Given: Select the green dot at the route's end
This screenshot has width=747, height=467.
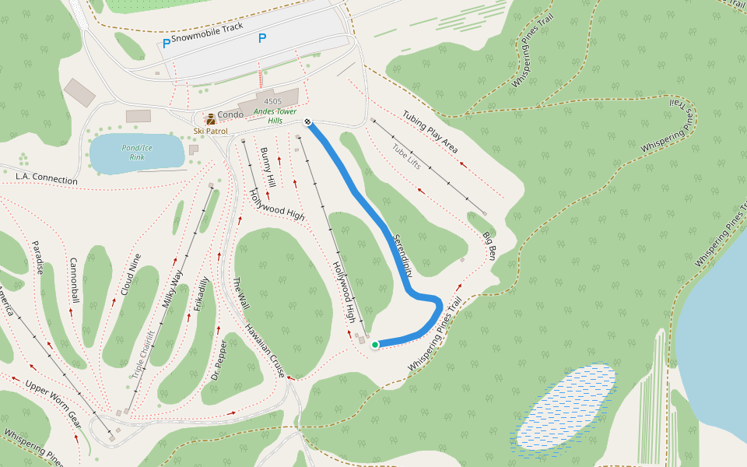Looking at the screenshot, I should coord(374,344).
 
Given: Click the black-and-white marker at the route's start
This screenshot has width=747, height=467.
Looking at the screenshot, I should coord(308,121).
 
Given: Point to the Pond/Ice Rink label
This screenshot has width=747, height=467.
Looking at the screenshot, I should coord(137,152).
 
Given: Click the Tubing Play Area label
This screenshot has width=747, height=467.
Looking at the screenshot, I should coord(430,132).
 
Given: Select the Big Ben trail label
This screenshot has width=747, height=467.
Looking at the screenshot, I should coord(489,245).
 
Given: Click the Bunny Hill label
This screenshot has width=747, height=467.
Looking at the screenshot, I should coord(268,167).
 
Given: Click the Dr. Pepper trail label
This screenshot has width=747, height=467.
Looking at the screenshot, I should coord(219,359).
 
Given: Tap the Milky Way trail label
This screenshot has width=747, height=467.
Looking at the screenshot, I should coord(173,290).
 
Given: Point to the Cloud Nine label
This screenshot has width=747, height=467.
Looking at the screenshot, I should coord(131,275).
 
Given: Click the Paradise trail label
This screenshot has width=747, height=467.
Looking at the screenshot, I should coord(37,258).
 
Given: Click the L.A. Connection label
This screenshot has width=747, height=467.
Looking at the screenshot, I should coord(47,179).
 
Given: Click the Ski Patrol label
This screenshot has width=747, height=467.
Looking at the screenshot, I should coord(211,131).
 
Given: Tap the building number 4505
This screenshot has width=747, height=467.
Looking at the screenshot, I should coord(272,102).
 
